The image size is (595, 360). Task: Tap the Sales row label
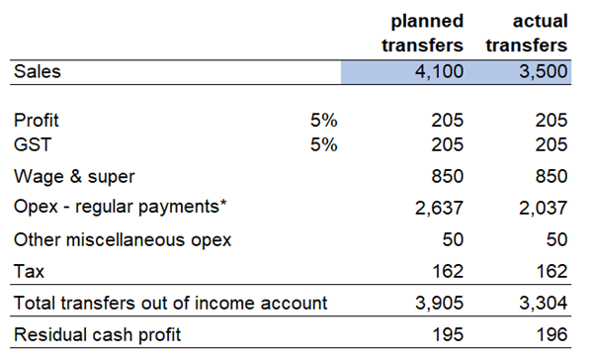(38, 72)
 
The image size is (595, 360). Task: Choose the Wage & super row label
(74, 177)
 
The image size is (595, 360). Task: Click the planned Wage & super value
(448, 177)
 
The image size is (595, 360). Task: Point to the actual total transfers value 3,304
(543, 304)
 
